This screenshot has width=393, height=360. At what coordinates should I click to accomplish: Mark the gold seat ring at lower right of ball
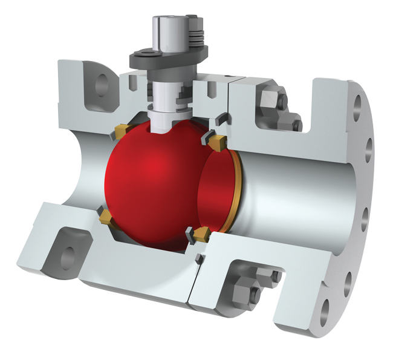coord(200,232)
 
